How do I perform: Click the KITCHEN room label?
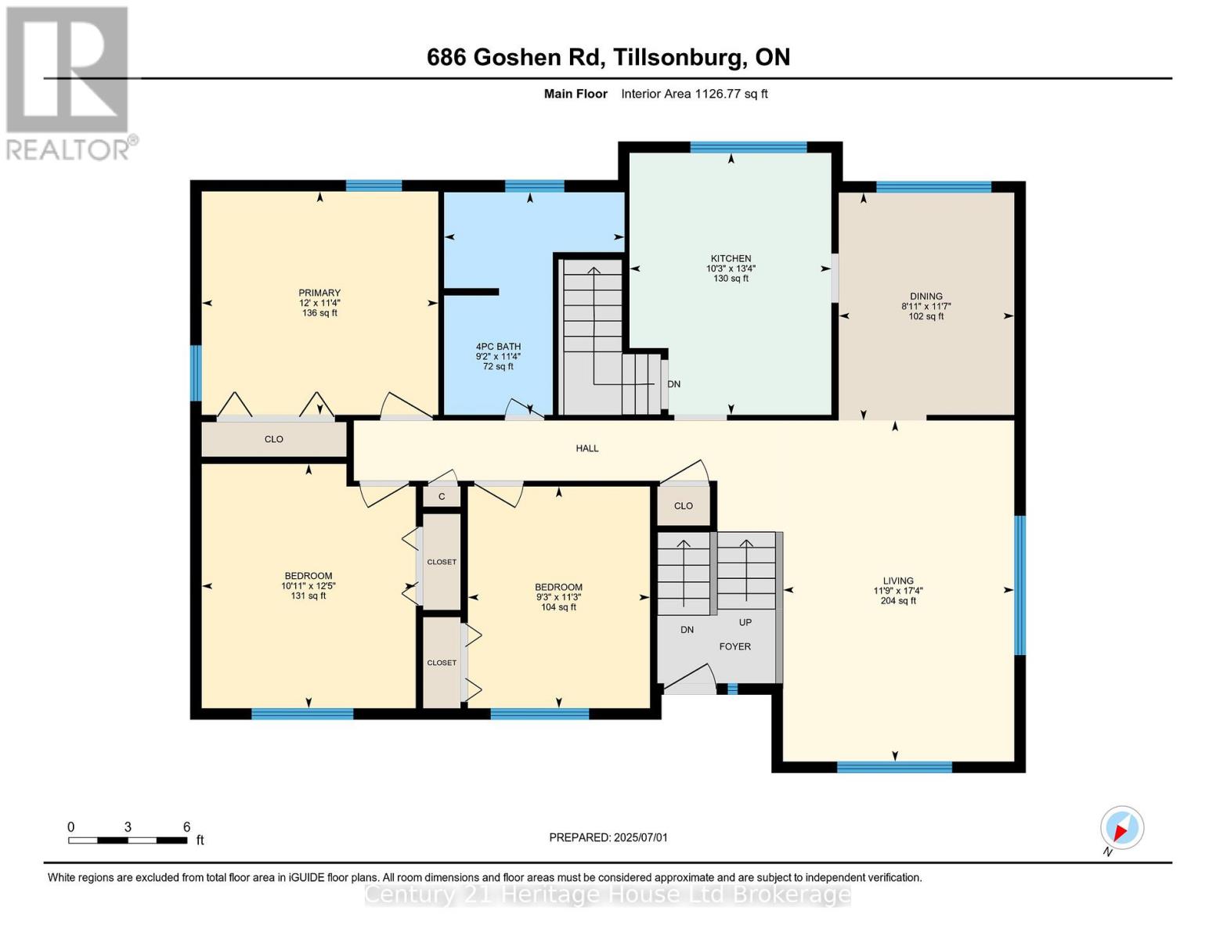[731, 258]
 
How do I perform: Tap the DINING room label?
[926, 297]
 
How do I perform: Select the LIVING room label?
[898, 581]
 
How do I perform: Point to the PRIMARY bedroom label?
[319, 293]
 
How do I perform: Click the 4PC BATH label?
[498, 347]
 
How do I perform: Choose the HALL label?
[587, 448]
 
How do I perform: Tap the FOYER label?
[734, 646]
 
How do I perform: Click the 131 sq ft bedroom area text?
[308, 596]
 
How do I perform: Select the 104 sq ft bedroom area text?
[558, 607]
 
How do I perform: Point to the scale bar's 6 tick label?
[186, 827]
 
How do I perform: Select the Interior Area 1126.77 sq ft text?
[694, 94]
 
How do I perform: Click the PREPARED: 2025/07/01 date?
[608, 837]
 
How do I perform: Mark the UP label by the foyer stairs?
[745, 623]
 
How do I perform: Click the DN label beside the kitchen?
[673, 384]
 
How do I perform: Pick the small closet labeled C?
[442, 497]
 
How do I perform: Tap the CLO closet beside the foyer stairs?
[684, 505]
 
